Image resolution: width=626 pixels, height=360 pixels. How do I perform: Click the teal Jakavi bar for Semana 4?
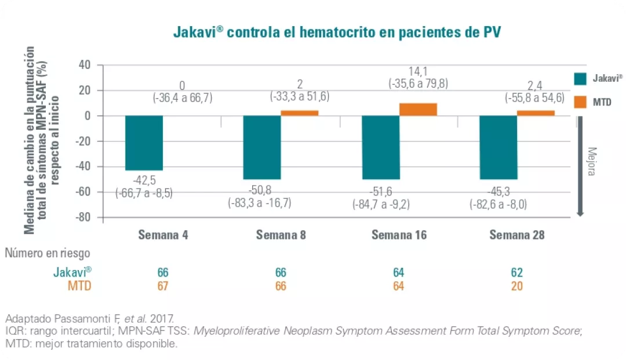coord(144,143)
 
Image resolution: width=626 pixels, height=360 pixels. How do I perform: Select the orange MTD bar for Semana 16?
coord(418,109)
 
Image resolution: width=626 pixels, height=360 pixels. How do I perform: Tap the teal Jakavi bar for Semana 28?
coord(498,147)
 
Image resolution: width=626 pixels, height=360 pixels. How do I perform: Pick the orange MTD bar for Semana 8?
coord(300,112)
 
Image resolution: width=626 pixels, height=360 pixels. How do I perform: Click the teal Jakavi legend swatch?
coord(581,79)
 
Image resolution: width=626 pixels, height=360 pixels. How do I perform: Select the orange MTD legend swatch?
coord(581,102)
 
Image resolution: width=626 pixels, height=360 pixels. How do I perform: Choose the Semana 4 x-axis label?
coord(163,235)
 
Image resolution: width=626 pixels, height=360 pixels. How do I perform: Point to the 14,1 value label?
coord(418,71)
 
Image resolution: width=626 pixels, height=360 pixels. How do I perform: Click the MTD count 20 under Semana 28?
coord(516,286)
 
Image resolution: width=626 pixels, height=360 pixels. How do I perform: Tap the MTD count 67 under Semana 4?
coord(163,286)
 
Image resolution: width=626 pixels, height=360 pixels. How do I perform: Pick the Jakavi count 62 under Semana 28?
coord(516,272)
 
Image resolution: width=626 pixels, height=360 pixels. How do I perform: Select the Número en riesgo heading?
coord(48,253)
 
